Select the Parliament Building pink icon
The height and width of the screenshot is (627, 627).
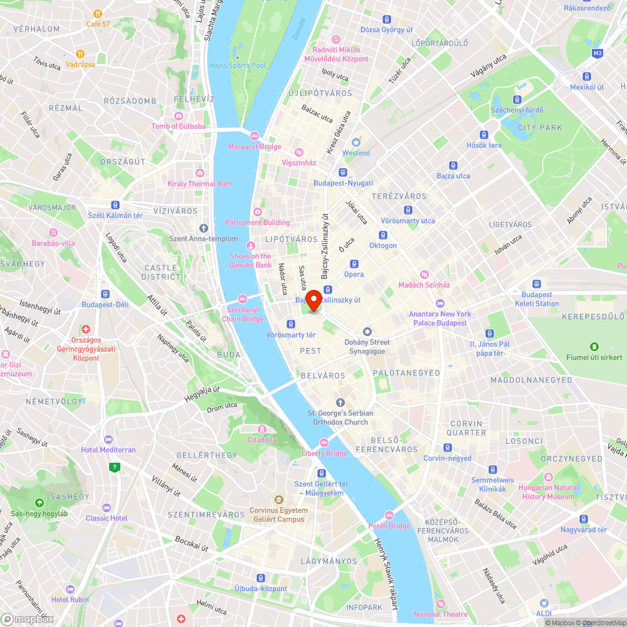(257, 212)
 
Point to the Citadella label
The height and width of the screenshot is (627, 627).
(262, 440)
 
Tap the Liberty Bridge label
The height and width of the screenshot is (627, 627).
(324, 453)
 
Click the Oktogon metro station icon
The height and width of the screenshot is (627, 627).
(383, 235)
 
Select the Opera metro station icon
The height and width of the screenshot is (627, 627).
(354, 264)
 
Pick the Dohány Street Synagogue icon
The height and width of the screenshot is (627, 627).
(367, 332)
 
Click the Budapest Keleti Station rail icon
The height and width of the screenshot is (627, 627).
(536, 284)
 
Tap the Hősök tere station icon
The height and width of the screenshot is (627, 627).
(484, 135)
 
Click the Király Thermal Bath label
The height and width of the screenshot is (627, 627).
(200, 184)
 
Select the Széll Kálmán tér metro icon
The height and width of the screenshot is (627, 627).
(115, 205)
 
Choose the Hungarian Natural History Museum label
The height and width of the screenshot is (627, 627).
(549, 492)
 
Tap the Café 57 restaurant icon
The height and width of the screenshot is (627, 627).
(98, 13)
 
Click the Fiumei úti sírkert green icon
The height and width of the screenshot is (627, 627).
(594, 347)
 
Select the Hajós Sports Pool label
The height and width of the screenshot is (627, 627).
(238, 65)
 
